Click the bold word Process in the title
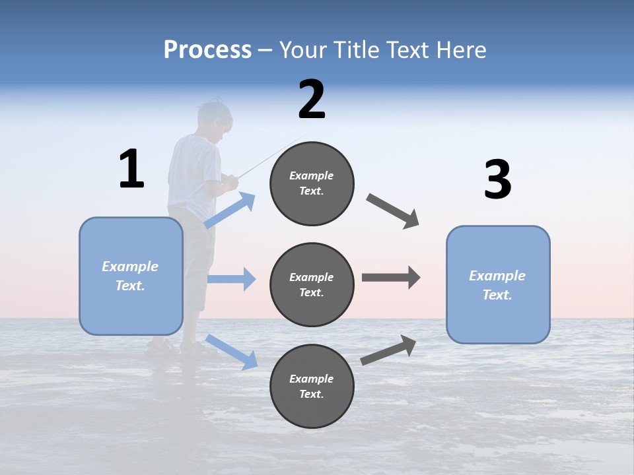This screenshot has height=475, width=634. (x=207, y=50)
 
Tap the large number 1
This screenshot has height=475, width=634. (x=131, y=169)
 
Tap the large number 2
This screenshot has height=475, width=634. (x=312, y=100)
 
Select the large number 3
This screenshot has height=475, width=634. (x=497, y=179)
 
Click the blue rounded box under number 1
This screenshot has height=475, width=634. (x=131, y=276)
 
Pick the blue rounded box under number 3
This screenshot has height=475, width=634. (x=498, y=285)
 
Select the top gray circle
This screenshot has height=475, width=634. (x=312, y=183)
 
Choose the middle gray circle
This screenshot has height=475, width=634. (x=312, y=285)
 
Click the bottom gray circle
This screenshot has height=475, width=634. (x=312, y=387)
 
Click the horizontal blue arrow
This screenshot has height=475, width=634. (x=231, y=279)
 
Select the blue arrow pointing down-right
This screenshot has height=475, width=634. (x=231, y=352)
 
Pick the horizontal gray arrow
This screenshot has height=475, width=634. (x=391, y=278)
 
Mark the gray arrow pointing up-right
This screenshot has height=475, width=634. (x=388, y=350)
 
